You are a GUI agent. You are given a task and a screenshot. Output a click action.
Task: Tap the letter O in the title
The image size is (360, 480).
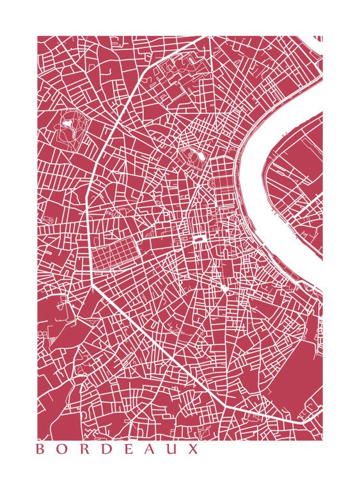click(x=63, y=449)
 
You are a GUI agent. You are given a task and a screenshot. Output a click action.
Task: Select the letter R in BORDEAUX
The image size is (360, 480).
click(x=86, y=449)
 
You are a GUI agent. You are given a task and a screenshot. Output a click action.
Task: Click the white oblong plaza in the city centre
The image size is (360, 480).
click(x=199, y=240)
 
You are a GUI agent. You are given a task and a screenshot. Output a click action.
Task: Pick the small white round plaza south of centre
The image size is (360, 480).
click(x=225, y=289)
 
